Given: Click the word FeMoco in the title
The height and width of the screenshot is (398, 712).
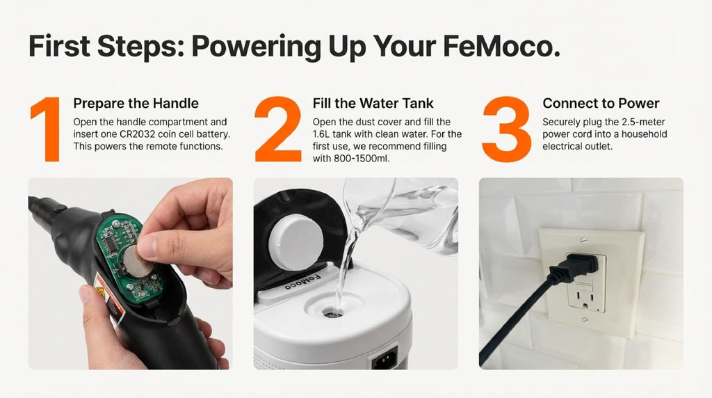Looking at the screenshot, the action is coord(501,47).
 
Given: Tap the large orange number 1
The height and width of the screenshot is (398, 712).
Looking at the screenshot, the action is coord(47,129).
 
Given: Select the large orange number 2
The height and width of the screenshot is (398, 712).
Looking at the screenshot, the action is coord(278,129).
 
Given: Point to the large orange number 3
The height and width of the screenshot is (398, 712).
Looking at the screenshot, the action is coord(507,129).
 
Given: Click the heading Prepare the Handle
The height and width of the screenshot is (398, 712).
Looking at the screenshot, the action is coord(136,103).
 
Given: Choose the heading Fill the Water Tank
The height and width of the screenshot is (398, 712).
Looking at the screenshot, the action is coord(373,103).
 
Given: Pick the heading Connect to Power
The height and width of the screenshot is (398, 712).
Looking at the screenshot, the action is coord(601,103).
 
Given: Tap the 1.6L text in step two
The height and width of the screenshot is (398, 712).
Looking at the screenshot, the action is coord(321,134).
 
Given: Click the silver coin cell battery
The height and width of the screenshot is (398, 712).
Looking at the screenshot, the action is coord(138,261).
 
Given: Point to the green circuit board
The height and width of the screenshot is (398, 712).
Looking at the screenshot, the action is coord(130,257).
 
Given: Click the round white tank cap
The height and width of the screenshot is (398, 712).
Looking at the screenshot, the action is coord(296,243).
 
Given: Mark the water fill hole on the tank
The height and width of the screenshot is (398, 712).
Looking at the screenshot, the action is coord(333,312).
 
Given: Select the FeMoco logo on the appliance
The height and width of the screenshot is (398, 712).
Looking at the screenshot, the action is coord(302,282).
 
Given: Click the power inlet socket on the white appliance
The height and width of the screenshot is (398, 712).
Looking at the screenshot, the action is coord(384,359).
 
